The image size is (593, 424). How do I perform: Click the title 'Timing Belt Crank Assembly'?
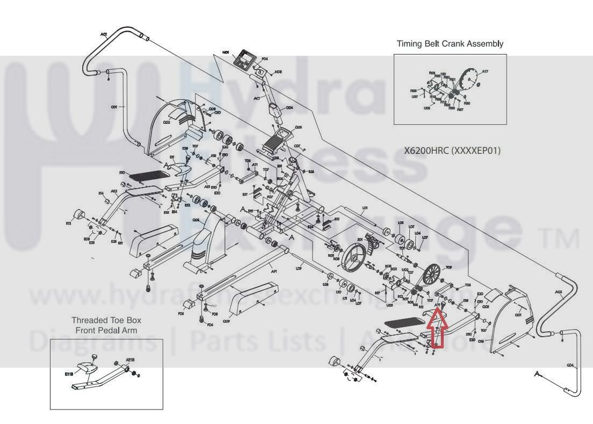pos(450,44)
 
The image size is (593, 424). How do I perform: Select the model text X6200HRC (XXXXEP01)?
pos(452,150)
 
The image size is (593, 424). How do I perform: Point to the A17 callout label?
pos(484,71)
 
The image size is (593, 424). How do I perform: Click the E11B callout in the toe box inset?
pos(69,374)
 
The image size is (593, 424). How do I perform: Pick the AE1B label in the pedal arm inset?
pos(130,360)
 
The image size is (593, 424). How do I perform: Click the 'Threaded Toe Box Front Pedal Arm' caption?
pos(106,325)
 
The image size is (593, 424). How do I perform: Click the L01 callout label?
pos(365,207)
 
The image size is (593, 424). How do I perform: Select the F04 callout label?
pos(210,324)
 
